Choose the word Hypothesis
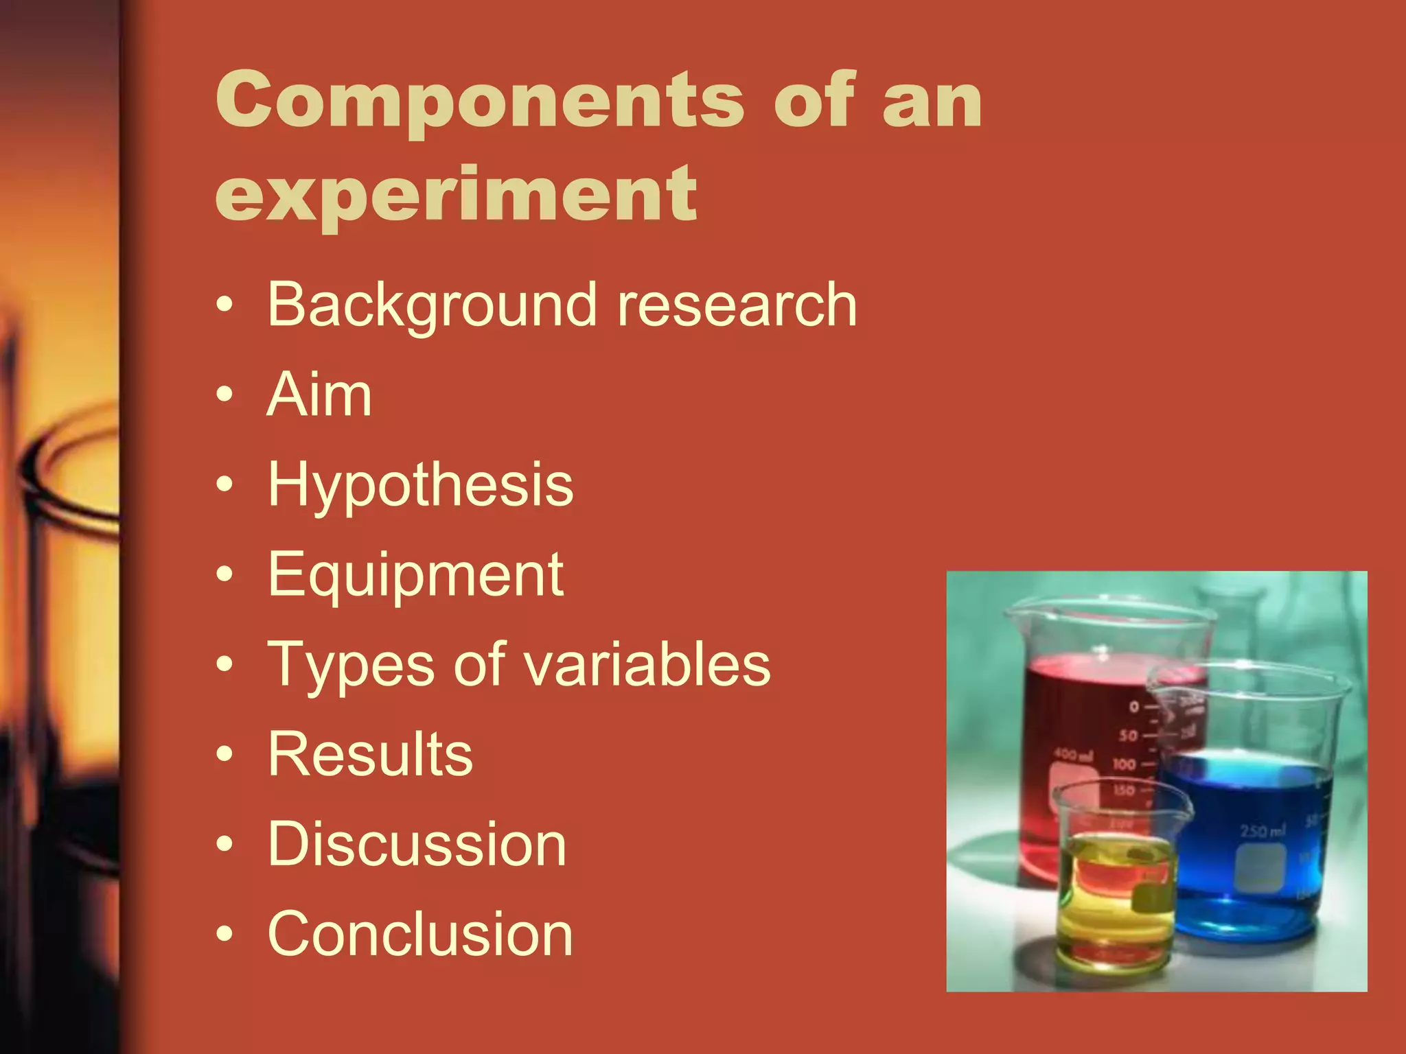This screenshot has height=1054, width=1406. (420, 486)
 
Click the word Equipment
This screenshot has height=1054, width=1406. (415, 575)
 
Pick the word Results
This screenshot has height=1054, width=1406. (370, 754)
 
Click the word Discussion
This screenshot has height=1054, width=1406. (417, 844)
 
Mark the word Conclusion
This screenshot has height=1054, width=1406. (420, 934)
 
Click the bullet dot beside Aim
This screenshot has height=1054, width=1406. (224, 395)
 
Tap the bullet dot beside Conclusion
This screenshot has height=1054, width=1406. (224, 935)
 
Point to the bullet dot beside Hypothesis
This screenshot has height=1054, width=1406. (224, 485)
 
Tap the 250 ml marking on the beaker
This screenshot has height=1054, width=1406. (1263, 832)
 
